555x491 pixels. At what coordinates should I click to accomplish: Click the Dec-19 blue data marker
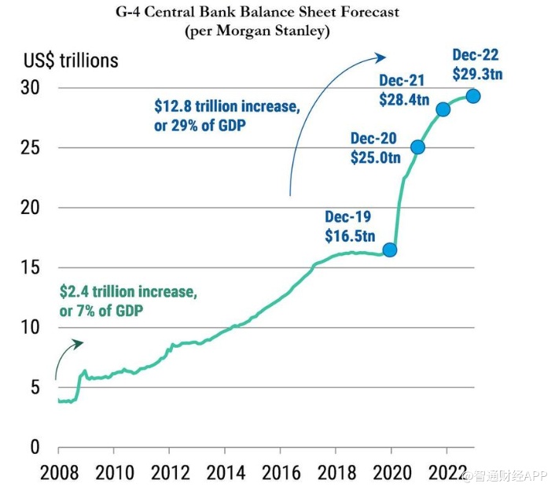[389, 249]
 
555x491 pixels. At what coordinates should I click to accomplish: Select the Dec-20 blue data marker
[417, 147]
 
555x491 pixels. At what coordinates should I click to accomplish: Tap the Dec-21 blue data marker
[443, 109]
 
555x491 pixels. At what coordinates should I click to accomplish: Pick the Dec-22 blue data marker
[473, 96]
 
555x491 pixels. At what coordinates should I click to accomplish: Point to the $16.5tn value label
[347, 234]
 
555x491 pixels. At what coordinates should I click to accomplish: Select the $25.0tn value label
[375, 157]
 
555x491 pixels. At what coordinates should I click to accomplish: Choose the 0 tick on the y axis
[34, 447]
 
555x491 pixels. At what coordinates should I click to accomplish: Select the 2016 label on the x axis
[281, 475]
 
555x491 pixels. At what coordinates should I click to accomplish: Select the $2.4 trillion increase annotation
[127, 292]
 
